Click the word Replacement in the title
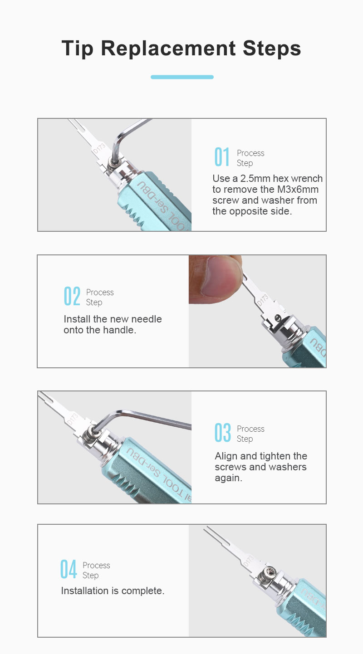168,48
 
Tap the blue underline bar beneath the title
182,77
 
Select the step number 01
221,157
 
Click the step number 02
72,296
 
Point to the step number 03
222,432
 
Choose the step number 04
69,569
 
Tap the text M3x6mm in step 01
298,190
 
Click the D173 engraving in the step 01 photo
99,149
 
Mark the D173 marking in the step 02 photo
262,300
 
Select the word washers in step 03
287,467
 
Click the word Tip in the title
77,49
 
